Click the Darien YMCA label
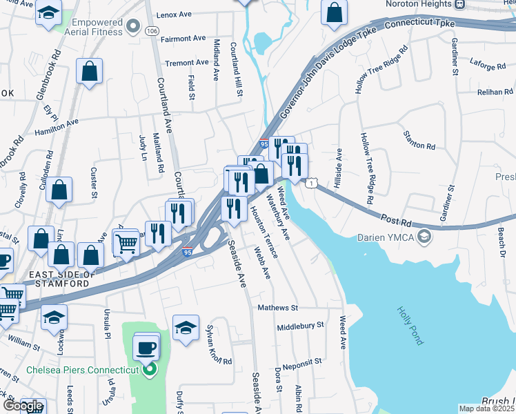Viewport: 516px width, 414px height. (x=386, y=239)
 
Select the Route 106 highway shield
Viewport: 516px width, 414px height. (x=152, y=30)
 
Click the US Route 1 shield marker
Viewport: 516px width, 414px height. (x=312, y=183)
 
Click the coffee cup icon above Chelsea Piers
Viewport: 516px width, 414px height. (x=146, y=347)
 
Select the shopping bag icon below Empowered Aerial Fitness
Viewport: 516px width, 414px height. (x=90, y=71)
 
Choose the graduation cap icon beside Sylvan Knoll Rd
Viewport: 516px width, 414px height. (x=186, y=328)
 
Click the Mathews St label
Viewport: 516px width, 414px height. (x=277, y=308)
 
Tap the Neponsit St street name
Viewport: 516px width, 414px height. (x=299, y=361)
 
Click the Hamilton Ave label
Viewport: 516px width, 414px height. (x=57, y=125)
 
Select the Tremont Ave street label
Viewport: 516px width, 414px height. (x=187, y=63)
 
